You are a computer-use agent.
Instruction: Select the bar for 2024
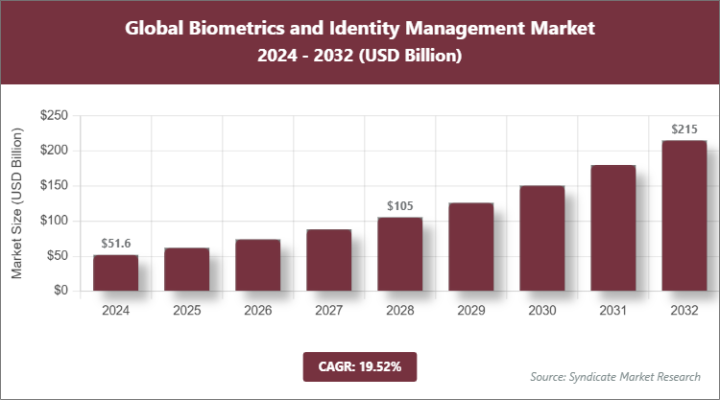[115, 272]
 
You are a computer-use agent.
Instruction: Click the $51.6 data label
[115, 245]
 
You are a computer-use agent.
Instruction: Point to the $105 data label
[399, 206]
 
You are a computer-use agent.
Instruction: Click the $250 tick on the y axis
[54, 116]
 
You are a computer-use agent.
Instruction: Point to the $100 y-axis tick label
[54, 221]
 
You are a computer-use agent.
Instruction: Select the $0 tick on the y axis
[60, 291]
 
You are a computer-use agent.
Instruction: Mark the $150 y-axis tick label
[54, 186]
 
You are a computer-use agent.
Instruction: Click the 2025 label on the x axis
[186, 310]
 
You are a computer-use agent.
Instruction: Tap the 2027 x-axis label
[328, 310]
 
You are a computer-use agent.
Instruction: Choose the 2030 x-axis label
[541, 310]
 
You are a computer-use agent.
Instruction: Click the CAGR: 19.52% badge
[359, 365]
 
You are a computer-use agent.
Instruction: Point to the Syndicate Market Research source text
[614, 376]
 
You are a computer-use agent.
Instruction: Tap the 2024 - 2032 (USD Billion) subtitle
[360, 57]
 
